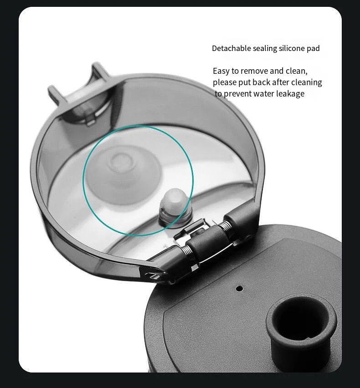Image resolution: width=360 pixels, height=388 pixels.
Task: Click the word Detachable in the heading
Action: point(230,48)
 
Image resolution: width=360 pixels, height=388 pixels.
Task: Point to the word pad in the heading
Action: point(314,48)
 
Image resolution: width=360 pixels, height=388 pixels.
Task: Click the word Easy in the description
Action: point(221,71)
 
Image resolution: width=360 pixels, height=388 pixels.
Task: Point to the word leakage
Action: point(291,94)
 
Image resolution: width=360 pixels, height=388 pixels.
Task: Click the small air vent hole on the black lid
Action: point(239,288)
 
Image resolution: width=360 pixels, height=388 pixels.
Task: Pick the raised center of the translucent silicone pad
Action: point(121,161)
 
